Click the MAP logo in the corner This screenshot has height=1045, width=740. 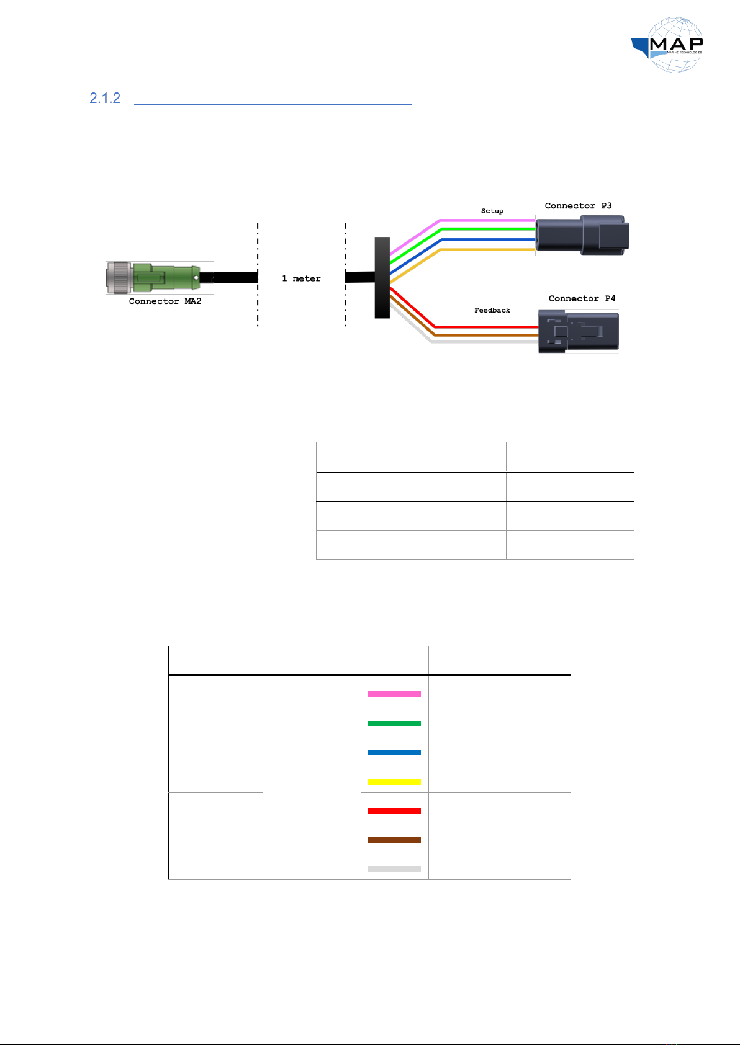tap(667, 45)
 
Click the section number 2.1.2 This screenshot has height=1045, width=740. tap(105, 98)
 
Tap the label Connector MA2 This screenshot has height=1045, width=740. tap(165, 301)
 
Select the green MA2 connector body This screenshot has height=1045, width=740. tap(166, 277)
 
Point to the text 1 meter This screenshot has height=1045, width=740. tap(301, 278)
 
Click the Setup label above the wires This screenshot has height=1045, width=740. tap(492, 211)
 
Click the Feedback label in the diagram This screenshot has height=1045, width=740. tap(492, 310)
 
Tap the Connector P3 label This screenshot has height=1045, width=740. tap(578, 206)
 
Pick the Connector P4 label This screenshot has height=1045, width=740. tap(582, 298)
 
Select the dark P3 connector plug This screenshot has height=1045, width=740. tap(582, 234)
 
